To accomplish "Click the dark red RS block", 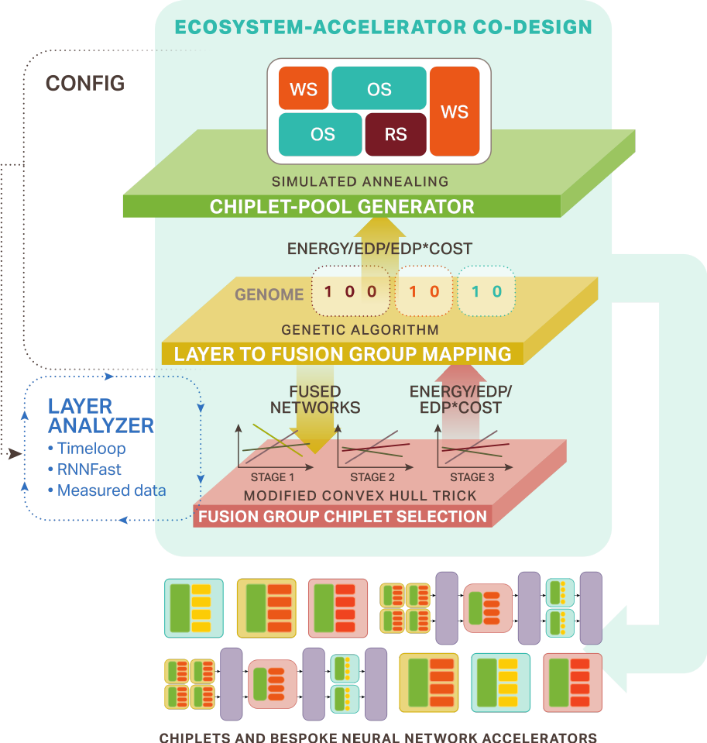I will [x=395, y=134].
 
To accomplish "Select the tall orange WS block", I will [x=455, y=112].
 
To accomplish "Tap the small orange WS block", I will [x=303, y=89].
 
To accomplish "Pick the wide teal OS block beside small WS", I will [x=379, y=89].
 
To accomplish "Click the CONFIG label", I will [x=85, y=84].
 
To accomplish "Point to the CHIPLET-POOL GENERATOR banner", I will [x=341, y=207].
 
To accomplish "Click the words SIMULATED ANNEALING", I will [x=360, y=182].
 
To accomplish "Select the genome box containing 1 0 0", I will [x=350, y=293].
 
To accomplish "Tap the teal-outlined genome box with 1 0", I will [x=486, y=293].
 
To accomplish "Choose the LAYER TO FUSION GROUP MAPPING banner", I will [x=342, y=354].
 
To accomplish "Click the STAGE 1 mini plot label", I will [x=273, y=477].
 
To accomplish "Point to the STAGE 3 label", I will [x=472, y=477].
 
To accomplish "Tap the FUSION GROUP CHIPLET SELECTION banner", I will [x=342, y=517].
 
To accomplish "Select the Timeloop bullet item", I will [x=91, y=449].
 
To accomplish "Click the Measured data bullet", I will [x=111, y=490].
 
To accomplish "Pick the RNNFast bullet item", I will [x=89, y=470].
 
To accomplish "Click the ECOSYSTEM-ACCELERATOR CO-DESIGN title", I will [x=383, y=28].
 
